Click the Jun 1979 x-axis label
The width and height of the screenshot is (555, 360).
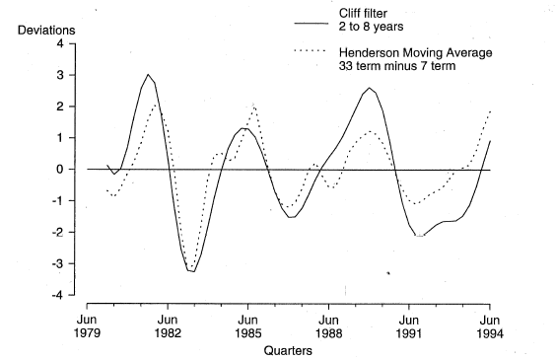coord(87,326)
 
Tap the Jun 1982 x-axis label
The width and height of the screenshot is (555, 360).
coord(168,326)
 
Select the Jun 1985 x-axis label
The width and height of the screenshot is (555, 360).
coord(248,326)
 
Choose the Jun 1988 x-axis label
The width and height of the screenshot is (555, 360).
coord(329,326)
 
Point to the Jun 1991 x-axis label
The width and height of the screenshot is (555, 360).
coord(409,326)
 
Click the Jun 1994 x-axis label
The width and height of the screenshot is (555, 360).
coord(490,326)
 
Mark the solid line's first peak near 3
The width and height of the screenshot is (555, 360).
coord(148,75)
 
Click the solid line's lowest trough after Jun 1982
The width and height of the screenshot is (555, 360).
coord(192,270)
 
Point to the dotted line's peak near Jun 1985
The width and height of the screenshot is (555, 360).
coord(254,106)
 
